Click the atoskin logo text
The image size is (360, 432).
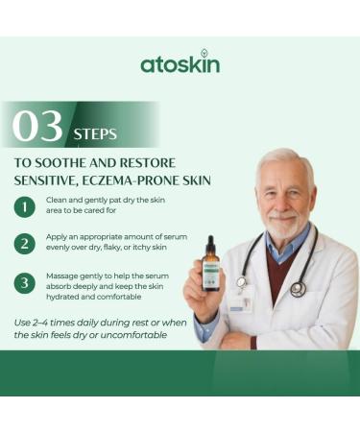point(180,64)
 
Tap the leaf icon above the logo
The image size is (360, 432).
point(204,54)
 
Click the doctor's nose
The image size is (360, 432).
point(282,201)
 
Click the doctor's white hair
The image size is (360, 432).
point(284,159)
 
